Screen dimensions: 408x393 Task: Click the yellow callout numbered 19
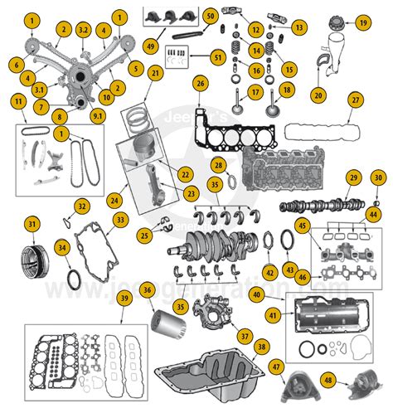pos(361,22)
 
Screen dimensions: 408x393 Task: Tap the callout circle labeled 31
pos(32,224)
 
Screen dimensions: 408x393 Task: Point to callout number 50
pos(210,16)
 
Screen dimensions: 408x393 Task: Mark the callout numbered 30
pos(377,177)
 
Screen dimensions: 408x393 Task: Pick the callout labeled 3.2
pos(82,30)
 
